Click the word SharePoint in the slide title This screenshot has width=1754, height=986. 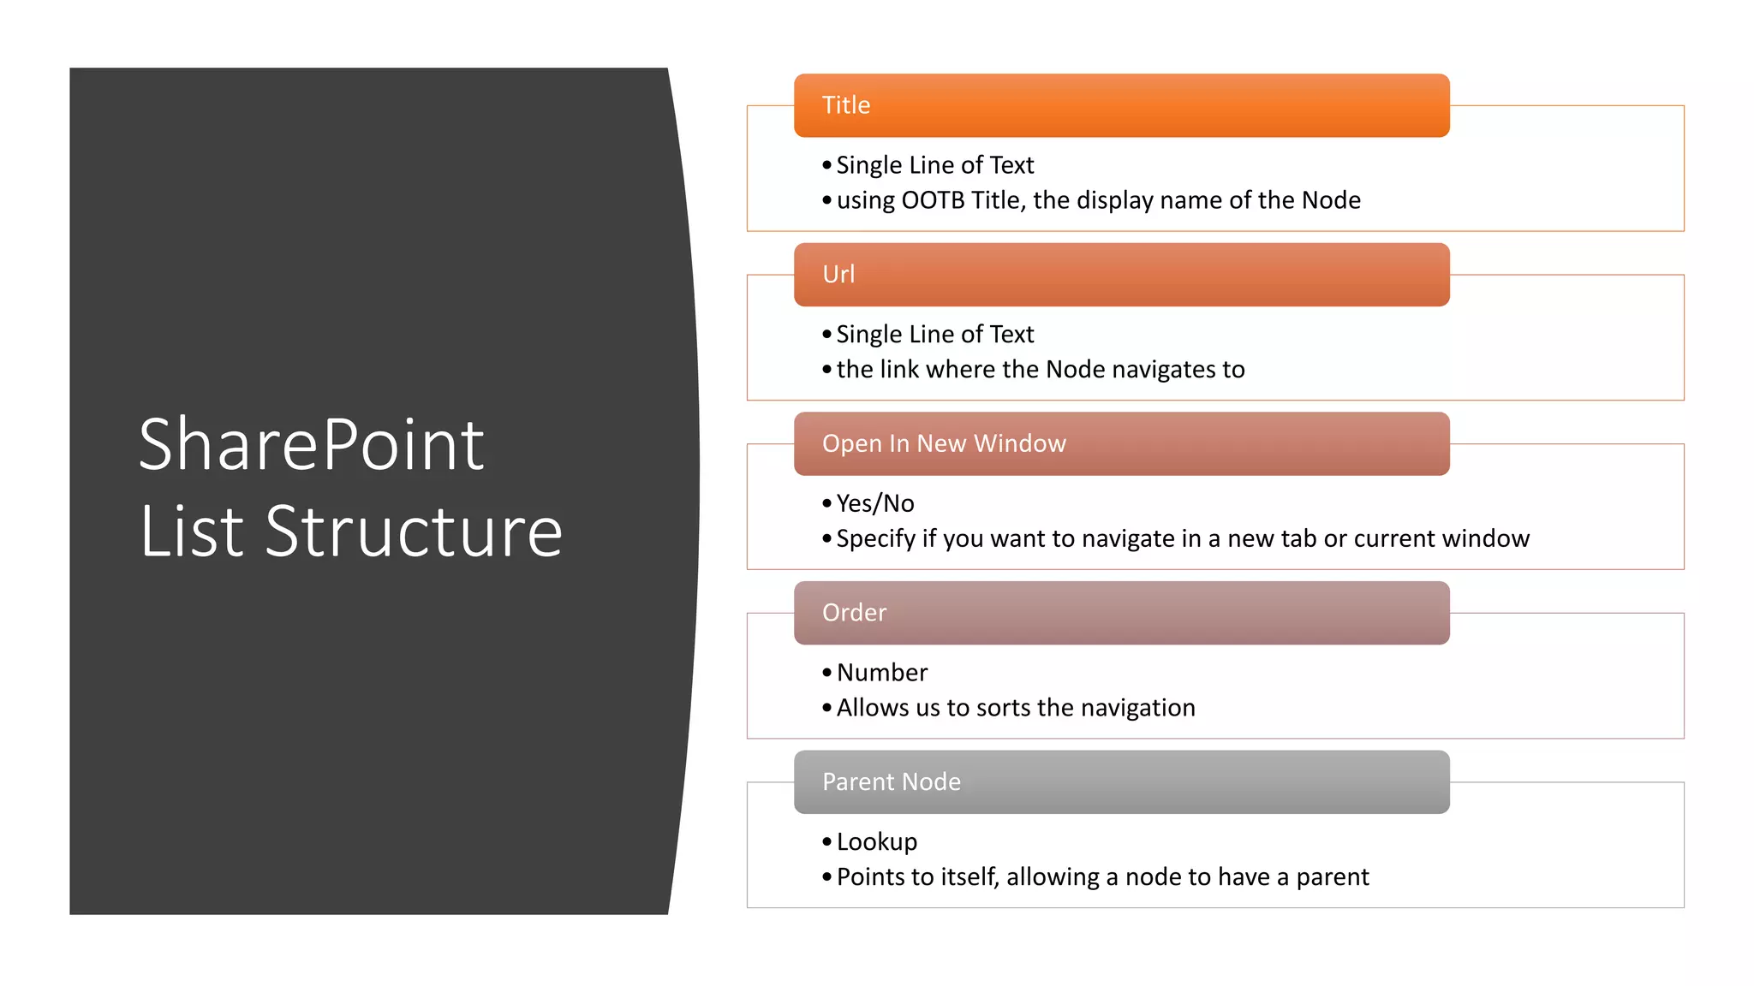tap(311, 445)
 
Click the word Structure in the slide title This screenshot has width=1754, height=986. tap(414, 532)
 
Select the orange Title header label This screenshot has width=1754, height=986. tap(845, 105)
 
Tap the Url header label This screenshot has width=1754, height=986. tap(838, 275)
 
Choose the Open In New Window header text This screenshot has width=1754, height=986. tap(943, 443)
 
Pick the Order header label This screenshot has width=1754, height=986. tap(854, 613)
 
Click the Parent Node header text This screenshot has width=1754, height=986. tap(891, 781)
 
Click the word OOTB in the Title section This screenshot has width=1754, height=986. tap(932, 200)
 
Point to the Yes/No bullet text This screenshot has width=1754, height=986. tap(874, 503)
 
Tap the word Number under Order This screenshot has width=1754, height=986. tap(881, 673)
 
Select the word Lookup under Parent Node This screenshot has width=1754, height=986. tap(876, 842)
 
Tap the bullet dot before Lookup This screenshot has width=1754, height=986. tap(826, 842)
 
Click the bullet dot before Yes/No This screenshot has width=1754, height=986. tap(826, 503)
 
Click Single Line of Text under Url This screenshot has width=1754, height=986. tap(934, 334)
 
